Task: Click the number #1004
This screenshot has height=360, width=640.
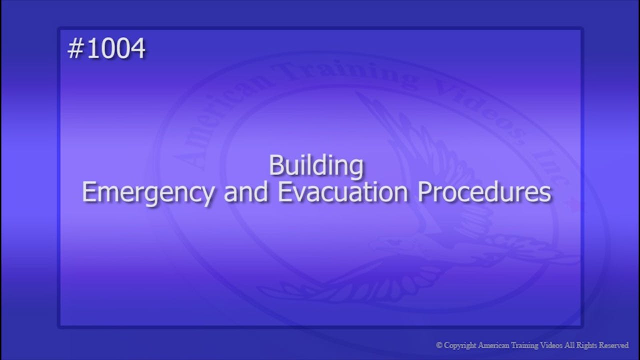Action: [106, 49]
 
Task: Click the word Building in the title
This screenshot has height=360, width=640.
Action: [316, 166]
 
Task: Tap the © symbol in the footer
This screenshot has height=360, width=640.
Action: [439, 345]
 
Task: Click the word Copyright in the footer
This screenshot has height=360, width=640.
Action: [459, 345]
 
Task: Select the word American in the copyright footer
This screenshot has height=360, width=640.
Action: [493, 345]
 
